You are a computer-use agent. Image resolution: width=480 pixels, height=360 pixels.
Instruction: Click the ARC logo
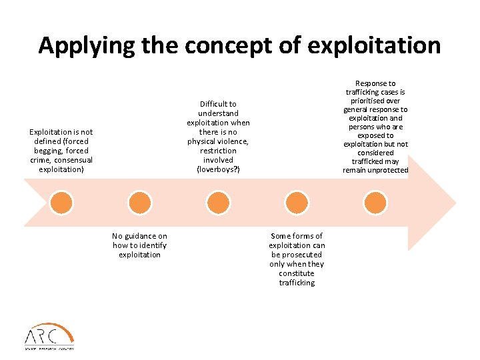pos(49,335)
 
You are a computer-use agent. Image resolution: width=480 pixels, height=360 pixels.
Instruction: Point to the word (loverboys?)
pos(218,169)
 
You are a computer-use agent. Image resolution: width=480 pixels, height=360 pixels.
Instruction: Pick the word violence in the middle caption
pos(231,141)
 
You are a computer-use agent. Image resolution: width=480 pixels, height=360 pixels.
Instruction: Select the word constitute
pos(297,273)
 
